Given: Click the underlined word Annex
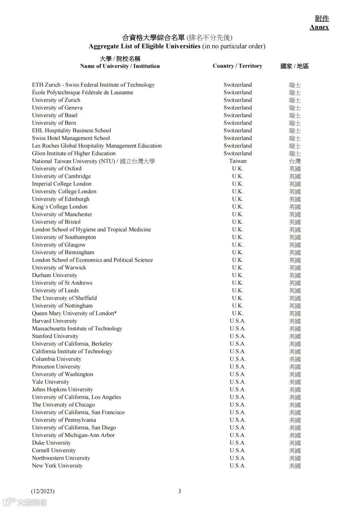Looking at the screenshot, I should tap(319, 27).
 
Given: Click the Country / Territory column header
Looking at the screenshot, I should tap(237, 66).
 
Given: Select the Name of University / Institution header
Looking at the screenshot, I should tap(120, 66).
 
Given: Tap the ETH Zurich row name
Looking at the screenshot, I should tap(93, 85).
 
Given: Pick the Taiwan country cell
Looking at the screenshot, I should tap(238, 161).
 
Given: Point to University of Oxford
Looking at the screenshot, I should tap(57, 169).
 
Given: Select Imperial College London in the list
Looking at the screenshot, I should tap(62, 184).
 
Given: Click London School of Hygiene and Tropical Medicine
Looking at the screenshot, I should tap(91, 230).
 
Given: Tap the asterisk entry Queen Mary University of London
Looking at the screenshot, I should tap(74, 313).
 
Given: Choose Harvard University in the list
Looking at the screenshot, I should tap(55, 321).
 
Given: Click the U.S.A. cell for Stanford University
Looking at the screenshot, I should tap(238, 336).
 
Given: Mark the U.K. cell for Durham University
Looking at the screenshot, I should tap(238, 275).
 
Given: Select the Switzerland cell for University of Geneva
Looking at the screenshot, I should tap(238, 108).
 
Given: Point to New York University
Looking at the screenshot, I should tap(57, 466).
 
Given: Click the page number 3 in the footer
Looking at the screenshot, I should tap(180, 491).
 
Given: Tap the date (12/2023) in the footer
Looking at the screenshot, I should tap(43, 491).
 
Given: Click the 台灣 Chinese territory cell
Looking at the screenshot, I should tap(295, 161).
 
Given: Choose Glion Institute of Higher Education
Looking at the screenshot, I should tap(74, 154).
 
